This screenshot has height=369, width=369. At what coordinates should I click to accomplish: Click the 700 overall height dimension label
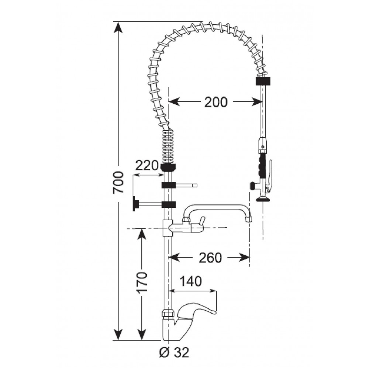tap(118, 182)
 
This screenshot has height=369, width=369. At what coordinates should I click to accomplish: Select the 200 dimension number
tap(216, 102)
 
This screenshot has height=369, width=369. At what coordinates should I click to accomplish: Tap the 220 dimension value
tap(146, 165)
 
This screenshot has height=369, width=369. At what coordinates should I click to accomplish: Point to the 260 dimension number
tap(210, 258)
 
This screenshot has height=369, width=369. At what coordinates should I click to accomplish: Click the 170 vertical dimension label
tap(142, 282)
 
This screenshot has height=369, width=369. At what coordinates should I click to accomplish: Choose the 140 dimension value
tap(191, 281)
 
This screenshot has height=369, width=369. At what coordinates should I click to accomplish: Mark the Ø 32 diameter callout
tap(174, 352)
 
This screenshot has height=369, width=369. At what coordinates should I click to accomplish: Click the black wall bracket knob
tap(135, 204)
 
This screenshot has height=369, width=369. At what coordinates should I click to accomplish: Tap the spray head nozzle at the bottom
tap(263, 199)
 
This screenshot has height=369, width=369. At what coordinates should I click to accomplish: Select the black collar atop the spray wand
tap(263, 81)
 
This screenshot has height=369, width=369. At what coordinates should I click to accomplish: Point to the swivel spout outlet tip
tap(248, 219)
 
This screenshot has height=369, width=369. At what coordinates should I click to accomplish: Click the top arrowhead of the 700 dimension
tap(118, 27)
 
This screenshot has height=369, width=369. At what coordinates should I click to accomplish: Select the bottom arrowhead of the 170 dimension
tap(142, 334)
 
